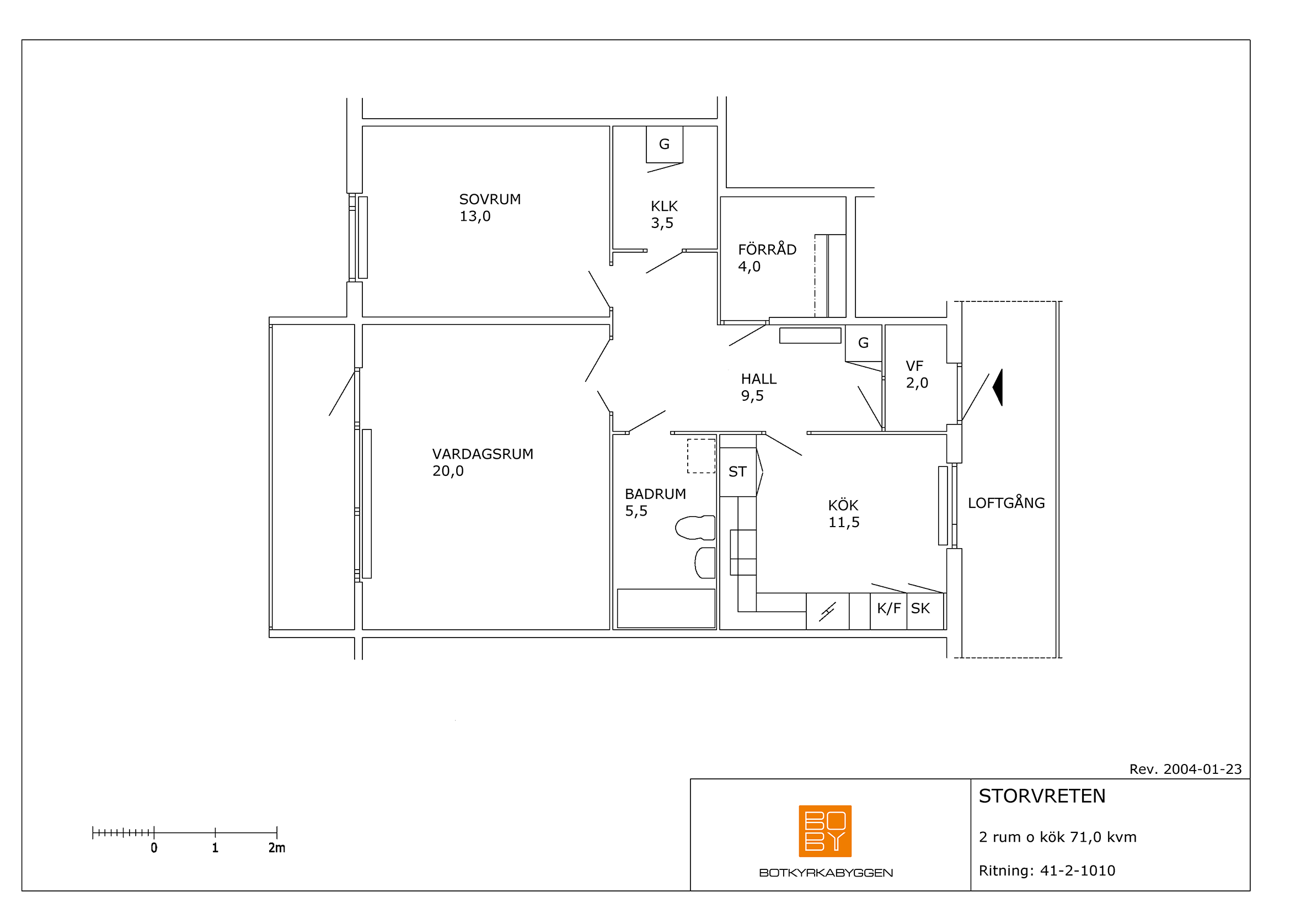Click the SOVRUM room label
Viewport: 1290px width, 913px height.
[490, 200]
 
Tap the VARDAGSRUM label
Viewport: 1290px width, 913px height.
[483, 454]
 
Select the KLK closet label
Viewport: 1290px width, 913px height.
[664, 206]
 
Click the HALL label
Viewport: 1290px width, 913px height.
[758, 379]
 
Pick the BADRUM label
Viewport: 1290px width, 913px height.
[655, 494]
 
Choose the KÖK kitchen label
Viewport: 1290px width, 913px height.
[843, 505]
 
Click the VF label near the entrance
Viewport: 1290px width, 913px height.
[914, 366]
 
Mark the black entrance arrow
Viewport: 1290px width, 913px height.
[999, 387]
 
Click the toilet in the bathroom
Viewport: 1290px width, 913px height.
[695, 528]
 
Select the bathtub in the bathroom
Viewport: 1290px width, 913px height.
[666, 608]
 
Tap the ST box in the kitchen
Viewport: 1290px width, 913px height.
[738, 471]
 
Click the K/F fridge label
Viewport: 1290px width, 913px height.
[888, 608]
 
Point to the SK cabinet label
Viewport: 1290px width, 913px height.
[920, 608]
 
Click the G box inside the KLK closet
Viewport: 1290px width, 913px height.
[664, 145]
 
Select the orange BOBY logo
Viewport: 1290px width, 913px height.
[825, 831]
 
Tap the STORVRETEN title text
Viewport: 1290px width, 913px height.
[1042, 796]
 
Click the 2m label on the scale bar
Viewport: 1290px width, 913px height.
[276, 848]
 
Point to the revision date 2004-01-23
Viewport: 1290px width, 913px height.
[1202, 769]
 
